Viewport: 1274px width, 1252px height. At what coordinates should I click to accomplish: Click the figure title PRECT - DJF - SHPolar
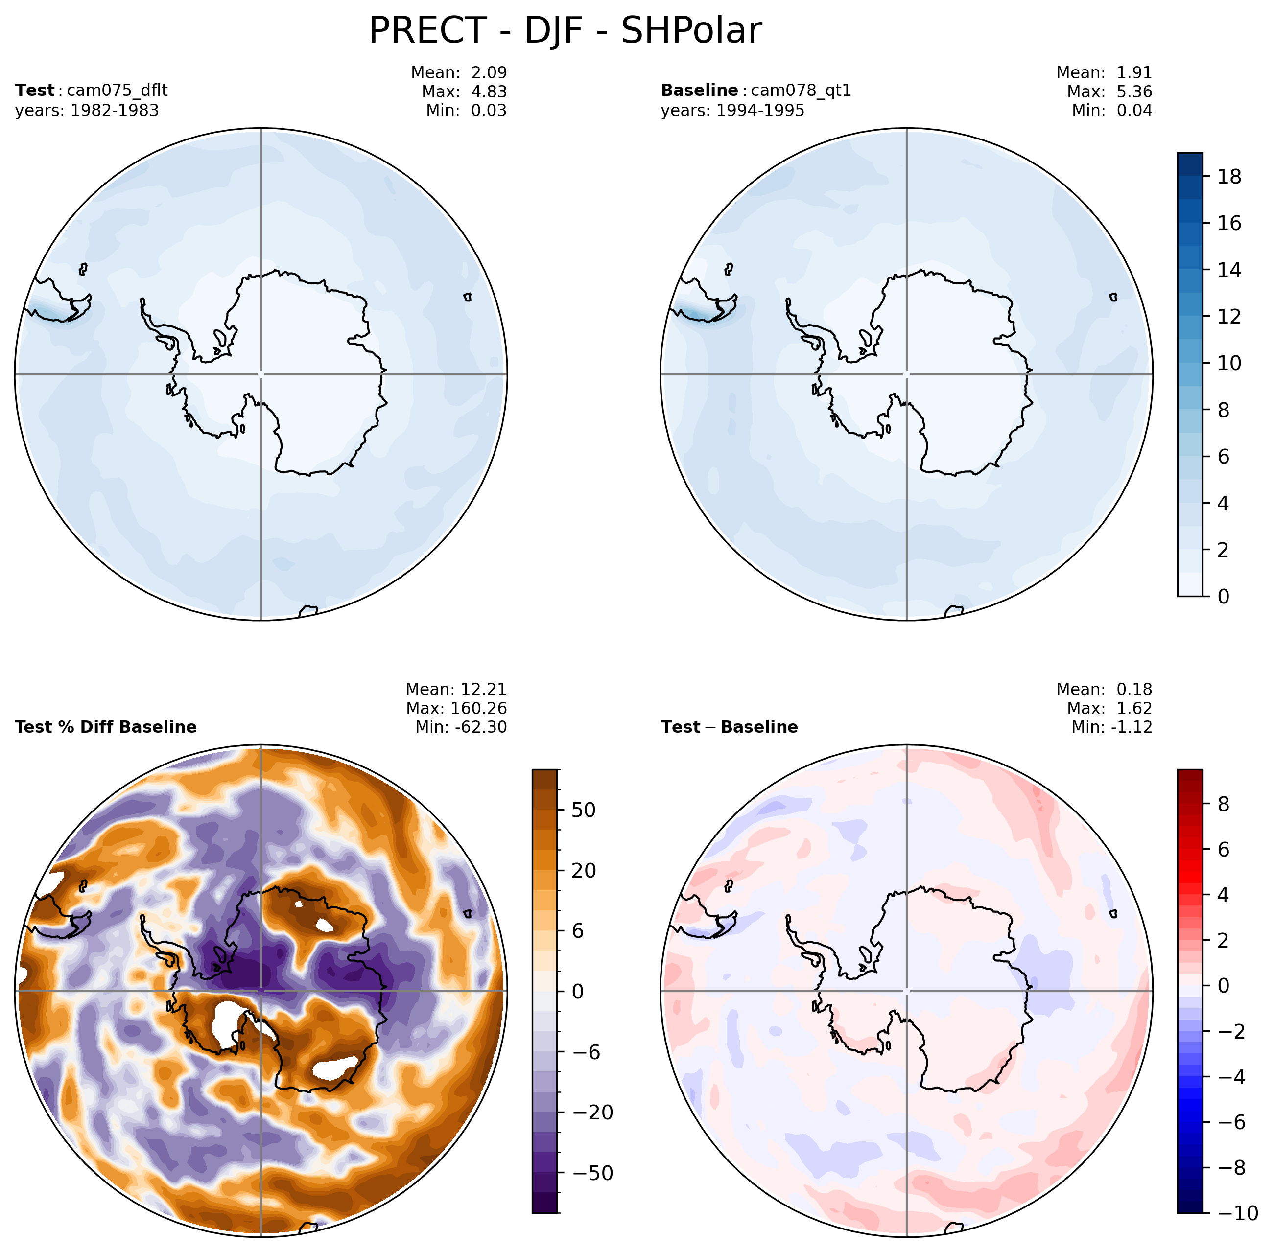[565, 30]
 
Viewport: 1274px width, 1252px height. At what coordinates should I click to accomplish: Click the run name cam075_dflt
[117, 91]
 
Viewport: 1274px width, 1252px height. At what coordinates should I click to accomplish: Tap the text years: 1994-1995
[732, 111]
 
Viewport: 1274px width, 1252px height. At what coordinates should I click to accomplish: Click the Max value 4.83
[489, 92]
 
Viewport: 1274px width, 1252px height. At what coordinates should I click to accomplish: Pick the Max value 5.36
[1134, 92]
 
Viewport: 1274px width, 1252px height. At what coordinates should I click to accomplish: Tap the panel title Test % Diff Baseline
[106, 727]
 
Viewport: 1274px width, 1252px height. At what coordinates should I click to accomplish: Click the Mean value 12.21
[487, 689]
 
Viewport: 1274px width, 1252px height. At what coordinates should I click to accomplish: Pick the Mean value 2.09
[489, 72]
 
